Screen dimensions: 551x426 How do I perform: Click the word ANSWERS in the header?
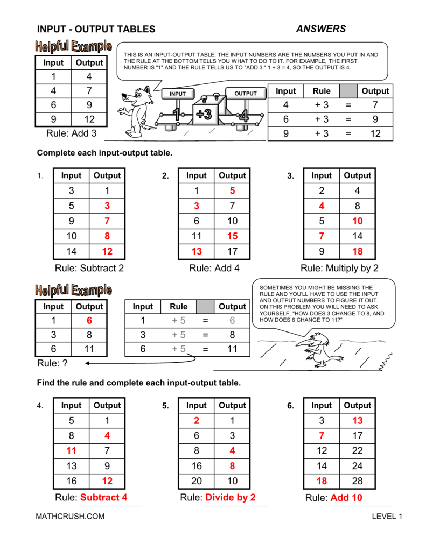[x=321, y=29]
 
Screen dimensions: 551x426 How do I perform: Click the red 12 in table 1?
[x=107, y=251]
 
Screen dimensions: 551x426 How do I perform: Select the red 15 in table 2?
[x=232, y=236]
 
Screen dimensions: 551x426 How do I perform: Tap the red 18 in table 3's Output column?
[x=358, y=251]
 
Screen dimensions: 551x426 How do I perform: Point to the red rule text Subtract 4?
[x=103, y=498]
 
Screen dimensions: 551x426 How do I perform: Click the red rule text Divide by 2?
[x=231, y=498]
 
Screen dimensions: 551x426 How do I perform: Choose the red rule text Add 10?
[x=346, y=498]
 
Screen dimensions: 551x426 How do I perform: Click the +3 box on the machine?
[x=204, y=114]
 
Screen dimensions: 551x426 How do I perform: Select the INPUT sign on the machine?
[x=178, y=94]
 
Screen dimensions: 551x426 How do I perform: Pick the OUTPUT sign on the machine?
[x=246, y=94]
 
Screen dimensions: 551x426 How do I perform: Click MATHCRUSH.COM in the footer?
[x=71, y=517]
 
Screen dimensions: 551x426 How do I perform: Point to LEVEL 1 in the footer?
[x=387, y=517]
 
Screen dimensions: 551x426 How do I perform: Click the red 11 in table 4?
[x=71, y=451]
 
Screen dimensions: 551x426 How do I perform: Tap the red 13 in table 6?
[x=358, y=421]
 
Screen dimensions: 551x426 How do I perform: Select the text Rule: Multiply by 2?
[x=339, y=268]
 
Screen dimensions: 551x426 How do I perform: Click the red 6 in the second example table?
[x=89, y=320]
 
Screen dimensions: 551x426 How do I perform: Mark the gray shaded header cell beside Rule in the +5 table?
[x=205, y=307]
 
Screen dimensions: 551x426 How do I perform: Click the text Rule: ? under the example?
[x=52, y=364]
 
